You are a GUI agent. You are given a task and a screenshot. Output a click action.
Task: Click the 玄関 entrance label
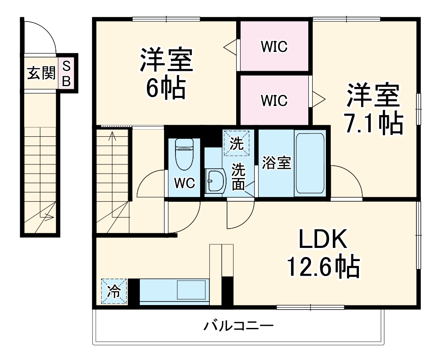click(x=40, y=73)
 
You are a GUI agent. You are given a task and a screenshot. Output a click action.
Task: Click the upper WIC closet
click(x=274, y=46)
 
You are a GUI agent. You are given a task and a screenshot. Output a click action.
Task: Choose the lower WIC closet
click(x=274, y=100)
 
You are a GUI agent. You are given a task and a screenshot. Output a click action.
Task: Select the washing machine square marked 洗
click(x=238, y=142)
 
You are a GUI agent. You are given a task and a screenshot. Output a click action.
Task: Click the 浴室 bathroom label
click(x=276, y=163)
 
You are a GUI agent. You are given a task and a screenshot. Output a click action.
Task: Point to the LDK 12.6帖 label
click(x=323, y=253)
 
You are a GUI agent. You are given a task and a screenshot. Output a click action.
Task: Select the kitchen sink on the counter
click(x=191, y=291)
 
